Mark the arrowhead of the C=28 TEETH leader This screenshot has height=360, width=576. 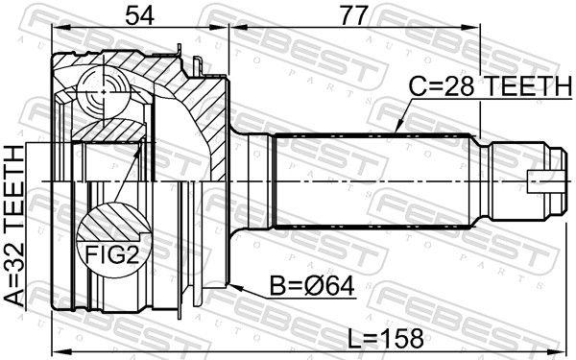pos(396,127)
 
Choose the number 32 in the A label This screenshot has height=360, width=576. pos(14,268)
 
